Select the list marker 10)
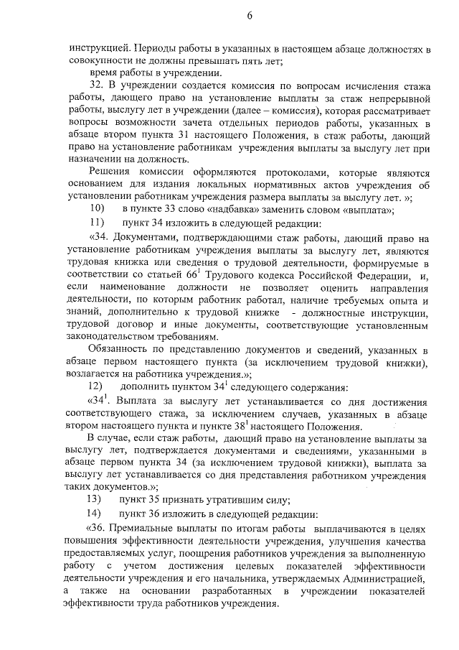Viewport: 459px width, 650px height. tap(96, 209)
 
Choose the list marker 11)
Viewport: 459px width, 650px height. tap(96, 223)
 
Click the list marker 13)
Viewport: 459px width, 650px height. tap(96, 499)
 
